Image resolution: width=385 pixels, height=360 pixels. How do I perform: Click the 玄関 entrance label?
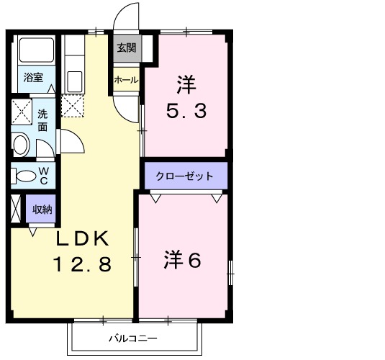click(x=127, y=48)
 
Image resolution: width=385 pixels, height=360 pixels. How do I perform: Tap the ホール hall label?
click(x=126, y=80)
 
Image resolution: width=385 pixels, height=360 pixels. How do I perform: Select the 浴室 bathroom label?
click(x=32, y=76)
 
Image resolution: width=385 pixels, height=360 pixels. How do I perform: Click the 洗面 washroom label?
click(x=43, y=119)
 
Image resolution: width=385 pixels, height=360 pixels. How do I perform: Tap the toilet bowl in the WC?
click(x=25, y=175)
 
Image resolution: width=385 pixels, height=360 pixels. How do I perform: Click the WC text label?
click(x=44, y=175)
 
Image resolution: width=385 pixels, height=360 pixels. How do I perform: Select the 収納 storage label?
click(x=42, y=210)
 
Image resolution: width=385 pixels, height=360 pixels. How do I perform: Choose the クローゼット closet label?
click(x=184, y=176)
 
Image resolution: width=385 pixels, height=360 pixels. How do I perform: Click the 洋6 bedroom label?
click(x=183, y=260)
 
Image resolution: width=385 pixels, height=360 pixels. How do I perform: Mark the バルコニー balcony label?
click(x=132, y=338)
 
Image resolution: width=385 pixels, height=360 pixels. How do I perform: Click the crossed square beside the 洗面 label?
click(x=21, y=114)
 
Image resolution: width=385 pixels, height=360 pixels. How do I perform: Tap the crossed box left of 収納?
click(x=17, y=210)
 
